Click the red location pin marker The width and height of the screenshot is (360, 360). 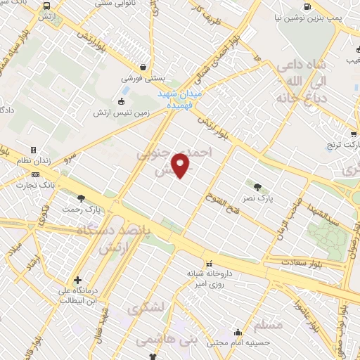pyautogui.click(x=181, y=165)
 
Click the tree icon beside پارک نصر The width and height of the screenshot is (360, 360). pyautogui.click(x=257, y=188)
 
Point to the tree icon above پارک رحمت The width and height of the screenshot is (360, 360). pyautogui.click(x=82, y=198)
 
